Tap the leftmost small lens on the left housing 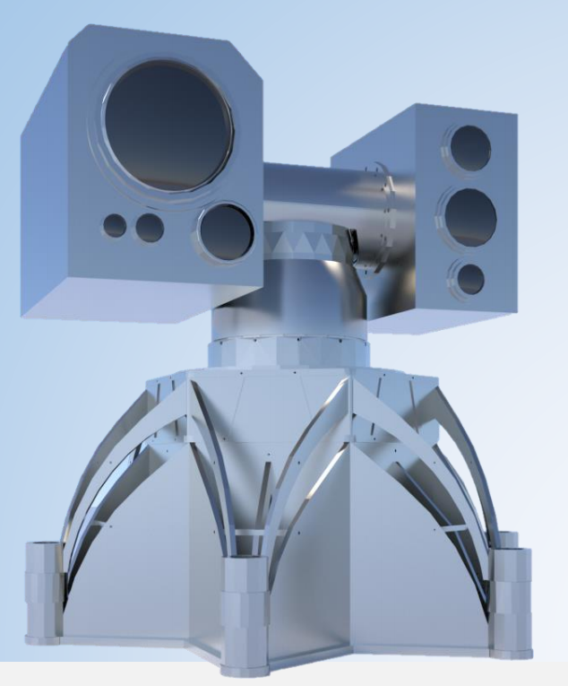(x=115, y=226)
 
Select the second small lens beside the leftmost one (x=149, y=228)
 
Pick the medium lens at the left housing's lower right (x=225, y=232)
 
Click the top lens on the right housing (x=470, y=145)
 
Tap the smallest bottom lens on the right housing (x=469, y=278)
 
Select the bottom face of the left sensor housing (x=134, y=296)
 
